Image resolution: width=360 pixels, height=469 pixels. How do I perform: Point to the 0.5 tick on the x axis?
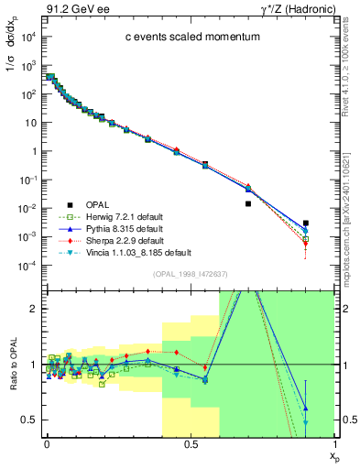[x=191, y=443]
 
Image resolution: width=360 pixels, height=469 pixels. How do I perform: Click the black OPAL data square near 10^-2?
[x=248, y=204]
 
